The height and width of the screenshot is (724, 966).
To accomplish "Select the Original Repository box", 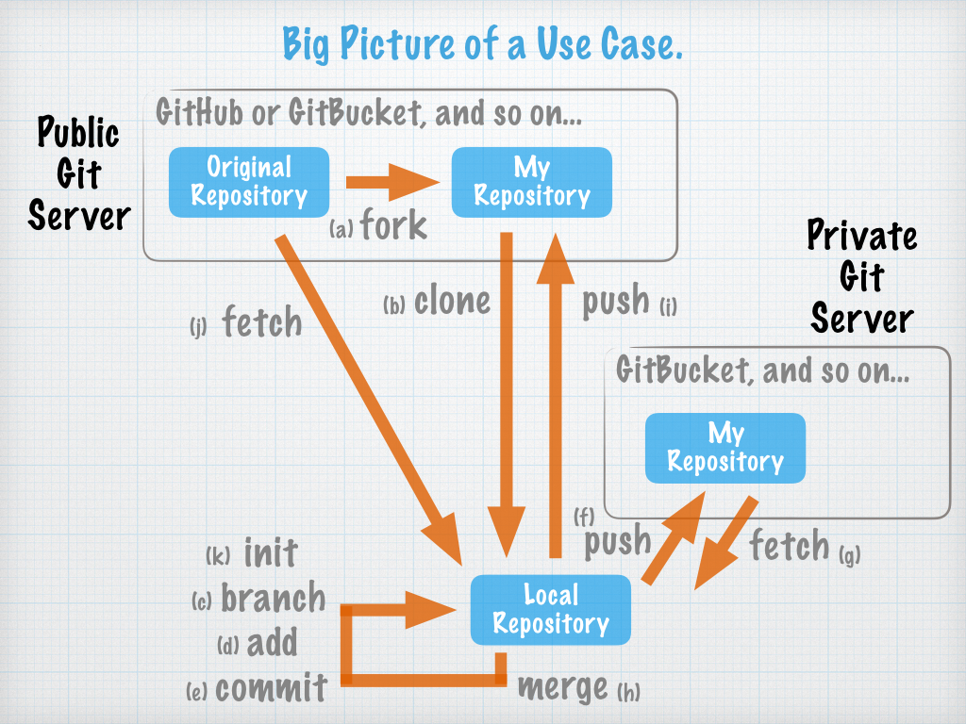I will pos(249,181).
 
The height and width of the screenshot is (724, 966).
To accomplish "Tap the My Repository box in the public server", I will pos(532,181).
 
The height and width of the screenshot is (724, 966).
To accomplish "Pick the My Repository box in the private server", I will pos(724,447).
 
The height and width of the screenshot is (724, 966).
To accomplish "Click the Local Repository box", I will pos(551,609).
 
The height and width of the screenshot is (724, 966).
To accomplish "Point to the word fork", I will pos(393,226).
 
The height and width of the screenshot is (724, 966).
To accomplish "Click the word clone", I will pos(453,301).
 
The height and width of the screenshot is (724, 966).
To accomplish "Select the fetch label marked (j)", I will pos(261,323).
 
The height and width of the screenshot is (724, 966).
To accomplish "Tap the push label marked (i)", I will pos(615,301).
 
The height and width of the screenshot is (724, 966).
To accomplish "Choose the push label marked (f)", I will pos(618,541).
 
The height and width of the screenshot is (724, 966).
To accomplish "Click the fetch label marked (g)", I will pos(789,545).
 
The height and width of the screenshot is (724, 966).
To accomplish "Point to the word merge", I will pos(563,687).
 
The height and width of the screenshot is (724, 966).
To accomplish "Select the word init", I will pos(271,552).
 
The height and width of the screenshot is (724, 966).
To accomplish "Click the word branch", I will pos(273,598).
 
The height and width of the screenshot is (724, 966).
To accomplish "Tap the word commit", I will pos(271,687).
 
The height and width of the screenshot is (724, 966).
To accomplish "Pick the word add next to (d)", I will pos(272,644).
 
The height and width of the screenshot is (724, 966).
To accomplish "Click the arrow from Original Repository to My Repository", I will pos(391,181).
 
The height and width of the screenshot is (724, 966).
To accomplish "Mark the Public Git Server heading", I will pos(78,174).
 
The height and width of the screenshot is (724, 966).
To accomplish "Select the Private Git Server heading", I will pos(861,277).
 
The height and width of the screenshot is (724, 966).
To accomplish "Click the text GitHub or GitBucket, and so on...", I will pos(369,115).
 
